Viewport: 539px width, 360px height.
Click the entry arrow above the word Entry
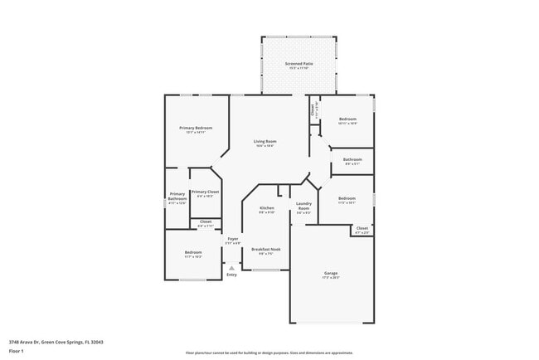point(231,267)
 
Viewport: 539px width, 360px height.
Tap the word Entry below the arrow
point(231,275)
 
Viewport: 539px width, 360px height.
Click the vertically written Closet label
point(313,109)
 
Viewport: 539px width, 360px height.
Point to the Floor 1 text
point(17,350)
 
